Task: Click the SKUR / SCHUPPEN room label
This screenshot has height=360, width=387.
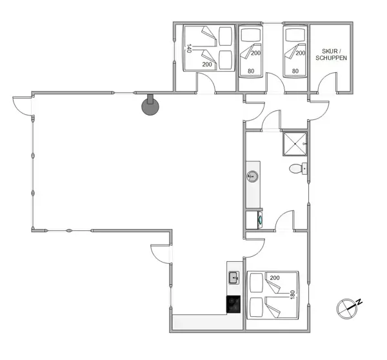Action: coord(331,54)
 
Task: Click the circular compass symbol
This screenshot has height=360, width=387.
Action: coord(346,309)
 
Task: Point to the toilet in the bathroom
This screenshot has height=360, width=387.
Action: coord(297,169)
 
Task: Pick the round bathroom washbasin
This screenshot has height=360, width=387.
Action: coord(252,175)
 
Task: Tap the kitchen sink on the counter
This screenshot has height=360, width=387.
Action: coord(233,278)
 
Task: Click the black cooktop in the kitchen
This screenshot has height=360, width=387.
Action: coord(233,304)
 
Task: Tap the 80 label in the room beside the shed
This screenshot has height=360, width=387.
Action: coord(295,71)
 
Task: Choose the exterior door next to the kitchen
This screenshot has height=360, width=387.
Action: coord(160,253)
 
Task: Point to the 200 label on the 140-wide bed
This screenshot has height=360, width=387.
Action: coord(207,65)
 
